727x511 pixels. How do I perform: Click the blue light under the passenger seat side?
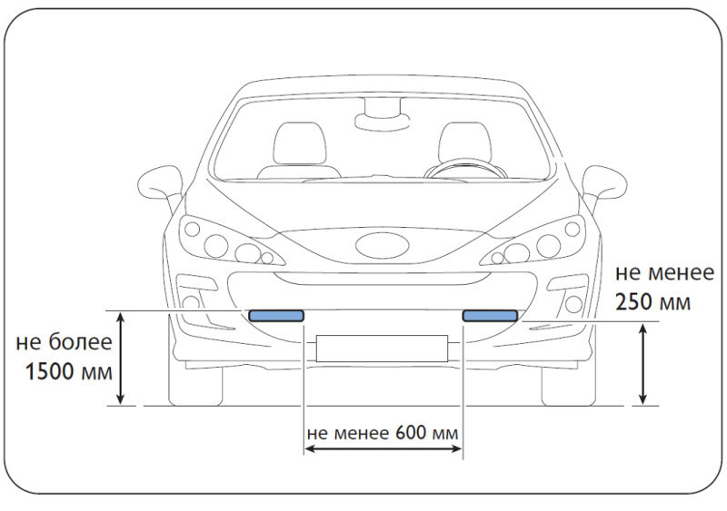click(276, 316)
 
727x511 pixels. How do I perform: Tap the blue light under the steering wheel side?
click(490, 316)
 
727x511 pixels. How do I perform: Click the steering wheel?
click(465, 169)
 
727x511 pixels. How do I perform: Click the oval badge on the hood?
click(383, 246)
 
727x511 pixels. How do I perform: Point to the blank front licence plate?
click(382, 348)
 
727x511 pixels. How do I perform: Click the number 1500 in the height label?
click(50, 372)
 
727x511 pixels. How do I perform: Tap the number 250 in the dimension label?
click(634, 302)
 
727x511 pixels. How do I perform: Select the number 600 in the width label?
click(411, 433)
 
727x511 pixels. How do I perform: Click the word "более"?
click(80, 342)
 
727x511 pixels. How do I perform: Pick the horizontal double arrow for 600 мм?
click(383, 448)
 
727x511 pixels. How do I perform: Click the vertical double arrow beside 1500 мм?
click(121, 359)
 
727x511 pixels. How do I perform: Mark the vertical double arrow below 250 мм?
click(642, 364)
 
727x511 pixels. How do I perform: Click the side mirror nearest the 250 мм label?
click(603, 184)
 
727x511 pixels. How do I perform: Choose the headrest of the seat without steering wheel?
click(300, 143)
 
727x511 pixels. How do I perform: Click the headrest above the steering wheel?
click(465, 142)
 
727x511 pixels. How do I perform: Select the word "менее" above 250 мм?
click(681, 273)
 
